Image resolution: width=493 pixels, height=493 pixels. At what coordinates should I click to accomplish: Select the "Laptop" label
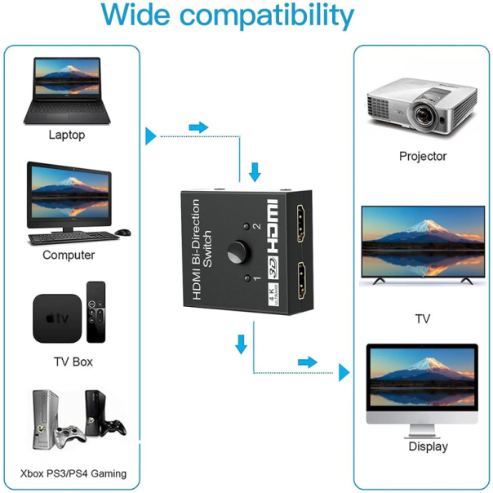[66, 135]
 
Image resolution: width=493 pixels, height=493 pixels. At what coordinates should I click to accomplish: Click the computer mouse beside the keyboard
[123, 233]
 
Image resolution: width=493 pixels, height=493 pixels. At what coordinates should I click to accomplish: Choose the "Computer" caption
[69, 255]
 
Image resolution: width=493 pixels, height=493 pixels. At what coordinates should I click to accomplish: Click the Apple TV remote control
[95, 313]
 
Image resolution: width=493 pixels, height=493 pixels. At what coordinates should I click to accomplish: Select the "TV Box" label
[73, 361]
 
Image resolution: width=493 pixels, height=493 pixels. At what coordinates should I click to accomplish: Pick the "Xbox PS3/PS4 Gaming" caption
[73, 473]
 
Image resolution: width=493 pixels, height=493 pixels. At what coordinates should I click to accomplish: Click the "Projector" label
[422, 156]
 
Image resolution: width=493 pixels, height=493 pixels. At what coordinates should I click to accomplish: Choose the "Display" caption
[428, 446]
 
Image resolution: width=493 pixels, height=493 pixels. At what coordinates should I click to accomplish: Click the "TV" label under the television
[422, 318]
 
